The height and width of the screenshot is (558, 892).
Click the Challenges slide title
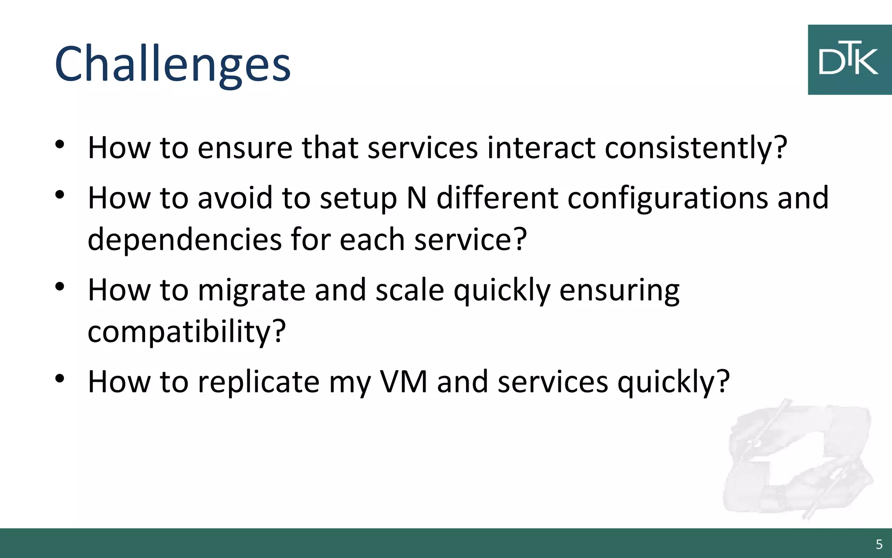pos(172,65)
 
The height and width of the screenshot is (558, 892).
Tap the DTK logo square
pos(849,60)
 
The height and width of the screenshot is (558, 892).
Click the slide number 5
pos(879,544)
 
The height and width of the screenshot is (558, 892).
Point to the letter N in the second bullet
pos(416,198)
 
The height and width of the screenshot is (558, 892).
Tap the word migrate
pos(251,290)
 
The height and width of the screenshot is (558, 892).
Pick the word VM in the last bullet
pos(403,382)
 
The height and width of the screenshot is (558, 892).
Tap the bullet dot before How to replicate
pos(60,378)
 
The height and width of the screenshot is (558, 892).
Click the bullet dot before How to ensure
pos(60,144)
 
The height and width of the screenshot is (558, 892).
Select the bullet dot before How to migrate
pos(60,286)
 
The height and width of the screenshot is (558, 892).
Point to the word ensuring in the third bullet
pos(619,290)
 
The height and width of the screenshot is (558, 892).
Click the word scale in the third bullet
pos(409,290)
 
